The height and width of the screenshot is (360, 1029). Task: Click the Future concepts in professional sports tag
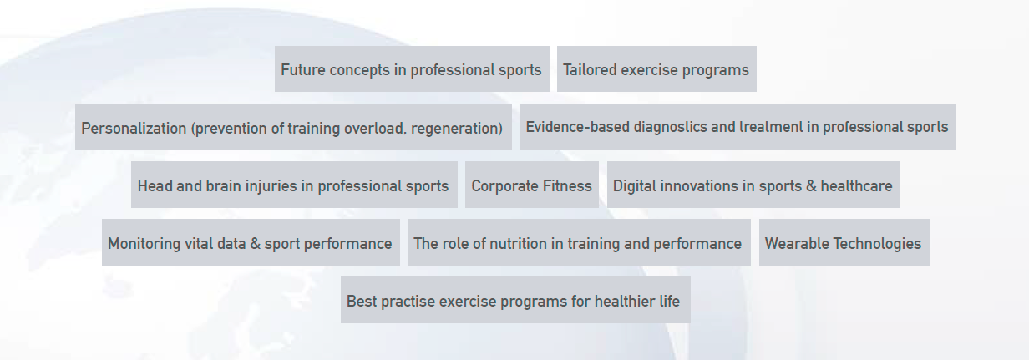pyautogui.click(x=412, y=68)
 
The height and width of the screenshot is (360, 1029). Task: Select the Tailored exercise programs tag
pyautogui.click(x=656, y=68)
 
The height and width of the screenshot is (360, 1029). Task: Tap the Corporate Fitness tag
pyautogui.click(x=531, y=185)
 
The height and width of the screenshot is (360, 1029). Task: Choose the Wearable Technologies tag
pyautogui.click(x=844, y=242)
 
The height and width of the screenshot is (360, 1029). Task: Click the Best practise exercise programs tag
pyautogui.click(x=515, y=300)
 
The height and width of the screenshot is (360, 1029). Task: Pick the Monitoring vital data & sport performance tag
pyautogui.click(x=251, y=242)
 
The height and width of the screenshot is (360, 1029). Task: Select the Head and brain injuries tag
pyautogui.click(x=294, y=185)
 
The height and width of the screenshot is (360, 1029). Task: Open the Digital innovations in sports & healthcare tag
pyautogui.click(x=753, y=185)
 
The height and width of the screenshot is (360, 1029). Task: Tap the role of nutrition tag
pyautogui.click(x=579, y=242)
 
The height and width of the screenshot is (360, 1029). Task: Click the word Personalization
pyautogui.click(x=134, y=129)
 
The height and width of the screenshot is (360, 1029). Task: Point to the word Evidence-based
pyautogui.click(x=577, y=127)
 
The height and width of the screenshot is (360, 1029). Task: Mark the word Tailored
pyautogui.click(x=590, y=70)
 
